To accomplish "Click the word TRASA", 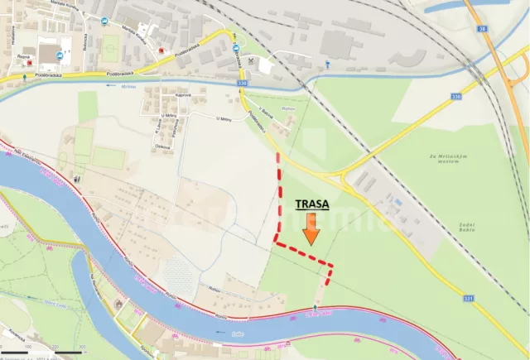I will pos(311,202).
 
